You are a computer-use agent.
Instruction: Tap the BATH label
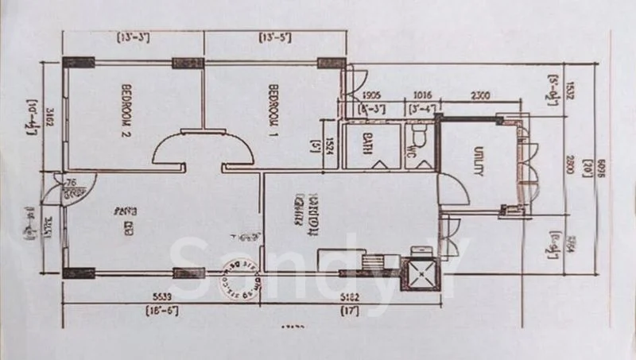pyautogui.click(x=367, y=145)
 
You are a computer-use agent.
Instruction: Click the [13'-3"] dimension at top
pyautogui.click(x=134, y=37)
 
